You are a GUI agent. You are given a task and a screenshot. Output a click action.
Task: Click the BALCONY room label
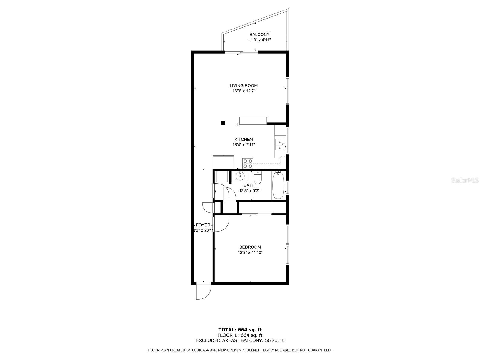(x=259, y=34)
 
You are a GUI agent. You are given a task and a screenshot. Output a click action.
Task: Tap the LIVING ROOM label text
(x=244, y=85)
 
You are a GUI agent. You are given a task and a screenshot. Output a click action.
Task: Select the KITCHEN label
(x=244, y=139)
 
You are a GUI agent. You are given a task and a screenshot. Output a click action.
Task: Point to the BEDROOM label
(x=250, y=247)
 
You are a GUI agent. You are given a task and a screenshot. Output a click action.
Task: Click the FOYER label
(x=203, y=225)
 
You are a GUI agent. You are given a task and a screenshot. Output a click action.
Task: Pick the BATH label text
(x=249, y=185)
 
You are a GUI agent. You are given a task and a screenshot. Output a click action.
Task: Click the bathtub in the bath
(x=278, y=185)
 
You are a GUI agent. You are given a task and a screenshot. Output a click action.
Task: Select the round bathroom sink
(x=240, y=175)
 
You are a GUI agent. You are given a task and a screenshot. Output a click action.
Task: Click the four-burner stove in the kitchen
(x=248, y=163)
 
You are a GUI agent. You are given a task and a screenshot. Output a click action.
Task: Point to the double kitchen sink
(x=280, y=144)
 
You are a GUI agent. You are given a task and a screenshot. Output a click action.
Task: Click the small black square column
(x=223, y=122)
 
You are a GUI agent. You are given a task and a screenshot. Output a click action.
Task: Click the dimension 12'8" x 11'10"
(x=250, y=253)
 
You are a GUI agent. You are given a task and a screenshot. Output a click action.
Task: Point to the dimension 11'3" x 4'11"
(x=259, y=40)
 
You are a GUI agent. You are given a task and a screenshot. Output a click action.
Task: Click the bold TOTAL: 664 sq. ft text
(x=240, y=330)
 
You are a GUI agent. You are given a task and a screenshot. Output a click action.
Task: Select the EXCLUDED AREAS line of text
(x=240, y=340)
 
